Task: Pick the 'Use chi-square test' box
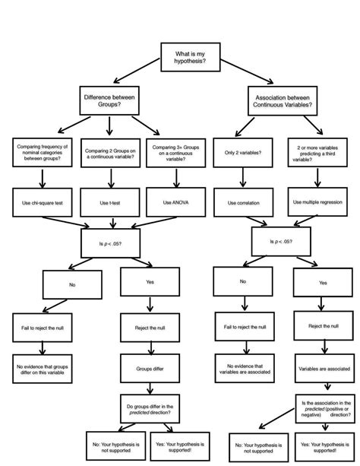click(x=42, y=203)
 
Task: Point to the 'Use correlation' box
click(x=242, y=204)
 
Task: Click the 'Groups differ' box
click(x=149, y=368)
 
